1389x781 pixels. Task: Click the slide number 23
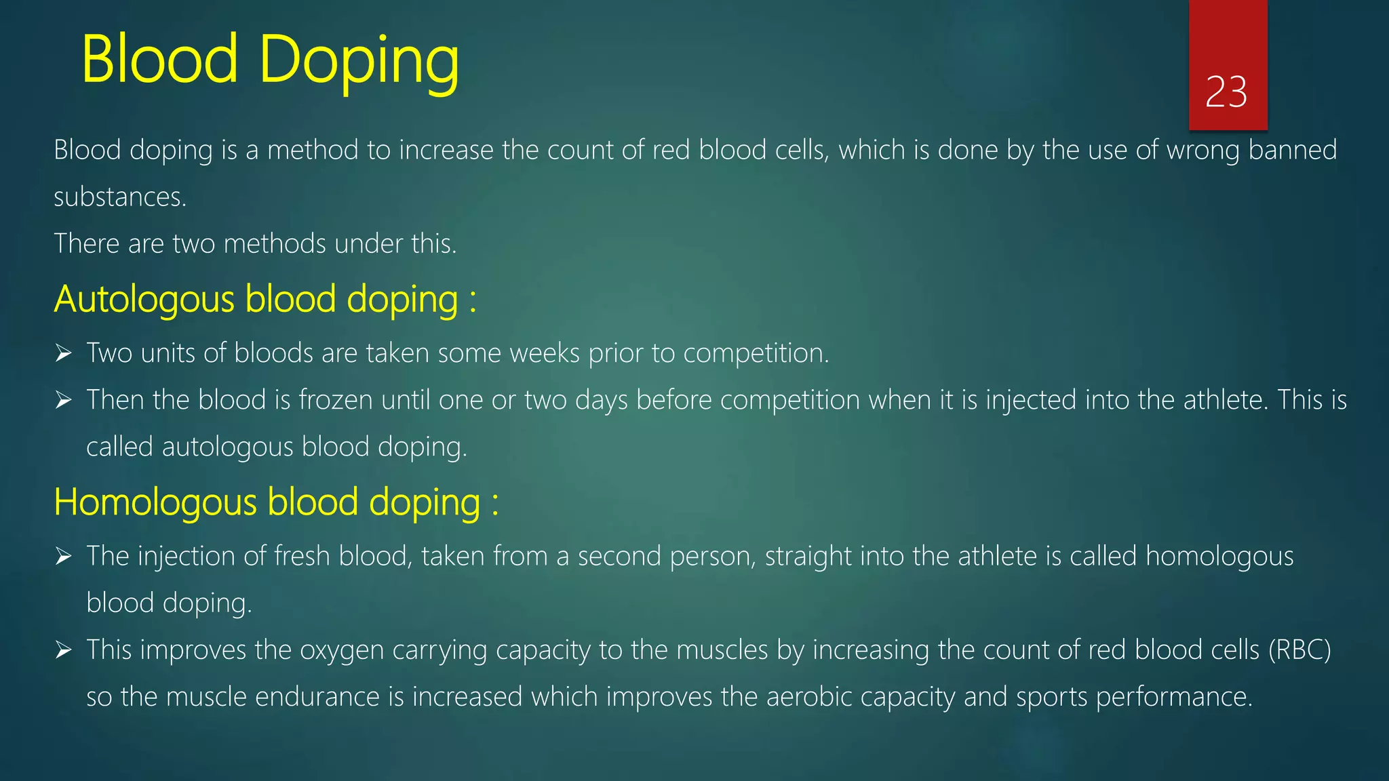pyautogui.click(x=1226, y=92)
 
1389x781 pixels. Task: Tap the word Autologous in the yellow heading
pyautogui.click(x=144, y=299)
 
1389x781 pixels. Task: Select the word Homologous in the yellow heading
pyautogui.click(x=155, y=502)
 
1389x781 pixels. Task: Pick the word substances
pyautogui.click(x=119, y=197)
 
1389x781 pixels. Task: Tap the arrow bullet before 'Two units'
pyautogui.click(x=64, y=353)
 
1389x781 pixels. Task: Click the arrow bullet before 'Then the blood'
pyautogui.click(x=64, y=400)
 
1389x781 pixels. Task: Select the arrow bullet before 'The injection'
pyautogui.click(x=64, y=557)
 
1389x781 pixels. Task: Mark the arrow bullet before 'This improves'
pyautogui.click(x=64, y=651)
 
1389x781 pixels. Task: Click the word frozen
pyautogui.click(x=336, y=400)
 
